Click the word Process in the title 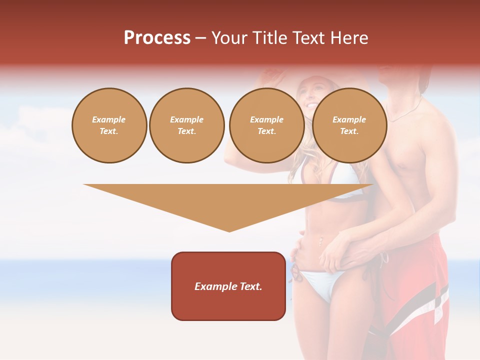click(157, 38)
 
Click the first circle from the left click(109, 125)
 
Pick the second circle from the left click(187, 125)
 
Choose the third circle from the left click(267, 125)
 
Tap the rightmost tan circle click(349, 125)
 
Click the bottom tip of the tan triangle click(229, 230)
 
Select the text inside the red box click(228, 286)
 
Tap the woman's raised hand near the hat click(272, 75)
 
